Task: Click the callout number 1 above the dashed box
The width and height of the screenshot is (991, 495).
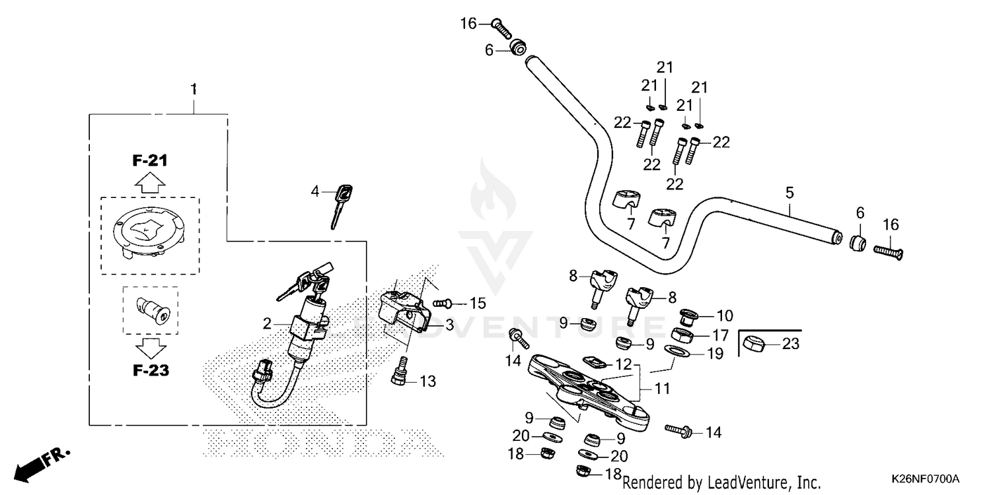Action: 194,88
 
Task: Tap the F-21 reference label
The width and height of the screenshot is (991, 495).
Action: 149,161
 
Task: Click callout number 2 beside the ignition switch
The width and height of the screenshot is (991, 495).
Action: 267,323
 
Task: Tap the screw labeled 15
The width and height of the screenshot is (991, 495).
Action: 444,303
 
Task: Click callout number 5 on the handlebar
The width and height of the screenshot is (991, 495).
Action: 789,193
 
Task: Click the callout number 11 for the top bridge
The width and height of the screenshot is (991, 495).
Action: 661,388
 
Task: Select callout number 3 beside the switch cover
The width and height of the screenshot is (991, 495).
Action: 449,325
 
